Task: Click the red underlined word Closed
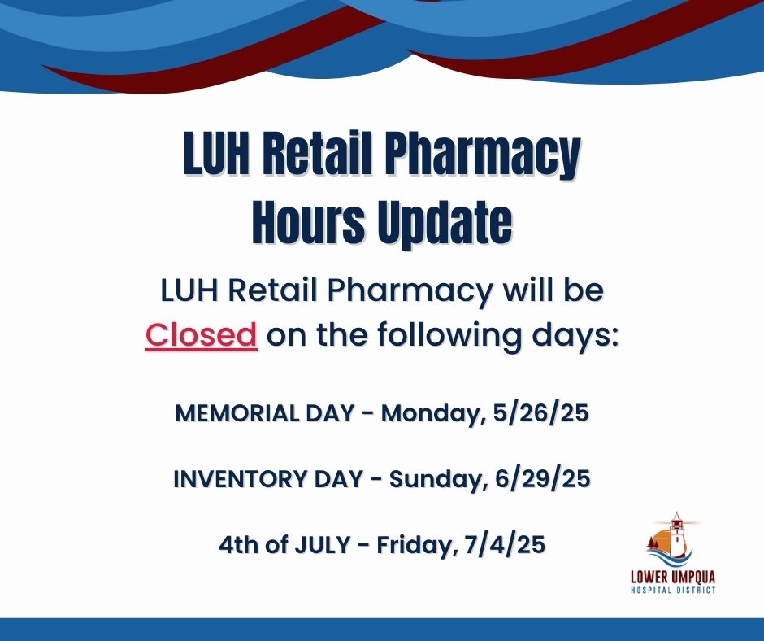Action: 201,334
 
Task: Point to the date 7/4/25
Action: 505,544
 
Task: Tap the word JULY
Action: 322,544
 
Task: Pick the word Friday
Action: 417,545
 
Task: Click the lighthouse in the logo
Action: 675,536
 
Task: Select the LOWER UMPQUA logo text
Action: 673,577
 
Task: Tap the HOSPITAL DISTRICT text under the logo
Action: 673,591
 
